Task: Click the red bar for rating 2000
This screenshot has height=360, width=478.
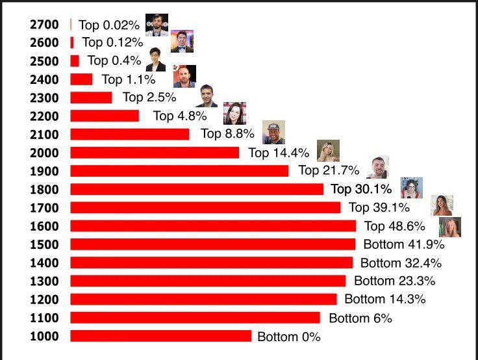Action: (x=155, y=153)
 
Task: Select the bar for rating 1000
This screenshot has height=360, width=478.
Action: (x=160, y=336)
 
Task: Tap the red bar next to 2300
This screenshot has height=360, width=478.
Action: (x=91, y=97)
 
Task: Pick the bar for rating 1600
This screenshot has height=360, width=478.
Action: (x=213, y=226)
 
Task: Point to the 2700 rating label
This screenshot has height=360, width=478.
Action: (x=44, y=25)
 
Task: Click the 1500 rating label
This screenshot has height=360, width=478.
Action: (x=44, y=244)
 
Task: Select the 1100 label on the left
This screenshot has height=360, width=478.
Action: (x=44, y=318)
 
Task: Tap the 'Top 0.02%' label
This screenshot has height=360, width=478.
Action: (x=108, y=25)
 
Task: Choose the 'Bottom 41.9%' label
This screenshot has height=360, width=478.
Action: (x=404, y=245)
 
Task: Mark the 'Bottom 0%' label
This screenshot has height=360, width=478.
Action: (x=289, y=337)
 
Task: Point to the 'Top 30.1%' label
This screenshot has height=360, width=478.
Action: (x=361, y=190)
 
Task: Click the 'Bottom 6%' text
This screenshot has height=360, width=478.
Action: (x=360, y=318)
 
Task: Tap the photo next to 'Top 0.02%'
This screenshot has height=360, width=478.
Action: (x=157, y=25)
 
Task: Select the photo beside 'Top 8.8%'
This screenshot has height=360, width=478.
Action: (x=273, y=132)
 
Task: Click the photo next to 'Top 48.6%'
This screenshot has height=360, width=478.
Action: (x=449, y=227)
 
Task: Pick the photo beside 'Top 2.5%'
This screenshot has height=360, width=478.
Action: (x=207, y=96)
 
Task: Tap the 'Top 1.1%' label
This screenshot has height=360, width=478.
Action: (x=129, y=80)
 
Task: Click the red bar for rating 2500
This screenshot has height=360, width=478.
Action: (x=75, y=61)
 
